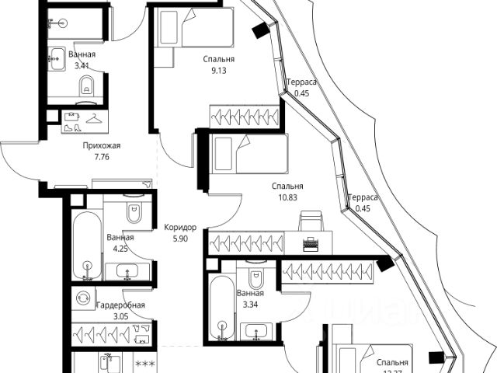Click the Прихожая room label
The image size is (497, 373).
point(101,145)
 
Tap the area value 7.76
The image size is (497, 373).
point(101,156)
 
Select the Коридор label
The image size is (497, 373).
point(180,227)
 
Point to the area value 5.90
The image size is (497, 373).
point(180,239)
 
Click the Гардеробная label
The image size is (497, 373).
point(120,305)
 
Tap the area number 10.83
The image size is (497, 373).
point(287,198)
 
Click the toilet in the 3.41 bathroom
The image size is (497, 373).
point(86,85)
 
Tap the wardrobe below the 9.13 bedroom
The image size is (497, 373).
point(244,116)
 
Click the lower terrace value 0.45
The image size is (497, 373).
point(361,208)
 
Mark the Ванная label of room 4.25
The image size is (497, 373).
point(120,238)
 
